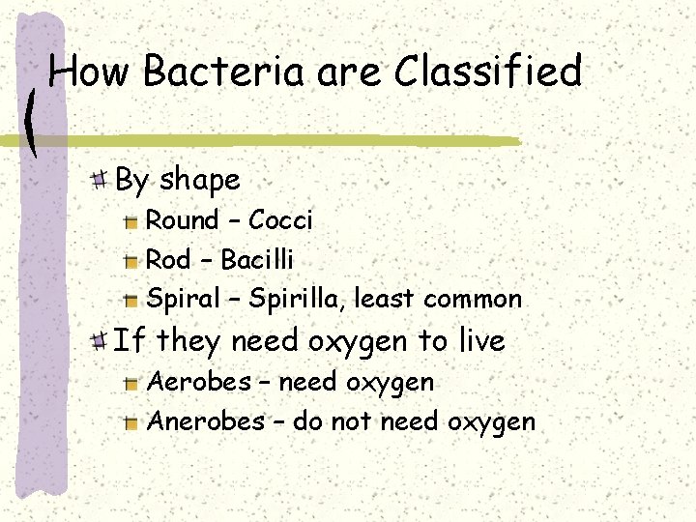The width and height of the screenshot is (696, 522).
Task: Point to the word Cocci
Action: pos(280,220)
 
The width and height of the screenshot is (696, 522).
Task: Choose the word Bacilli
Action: pos(257,260)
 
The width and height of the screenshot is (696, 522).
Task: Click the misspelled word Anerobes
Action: pos(205,421)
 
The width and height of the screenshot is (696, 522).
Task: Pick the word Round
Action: pos(182,220)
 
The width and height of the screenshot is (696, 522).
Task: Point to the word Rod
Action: pos(167,260)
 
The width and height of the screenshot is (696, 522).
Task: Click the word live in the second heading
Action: pos(480,340)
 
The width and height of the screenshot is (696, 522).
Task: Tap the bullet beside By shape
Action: pos(100,179)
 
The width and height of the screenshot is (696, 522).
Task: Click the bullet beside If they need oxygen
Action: pos(100,340)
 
